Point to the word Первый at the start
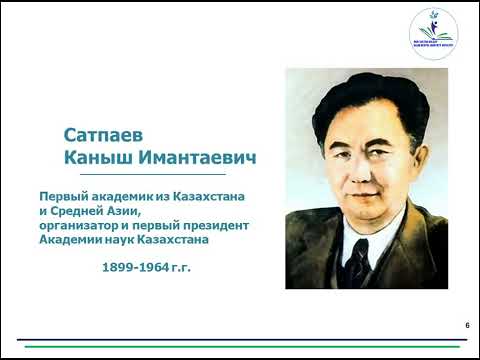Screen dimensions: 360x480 click(62, 198)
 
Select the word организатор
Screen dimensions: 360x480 click(83, 227)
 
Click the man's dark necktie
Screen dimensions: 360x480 click(359, 260)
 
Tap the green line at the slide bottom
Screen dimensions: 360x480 click(240, 346)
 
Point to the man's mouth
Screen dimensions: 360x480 click(347, 193)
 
